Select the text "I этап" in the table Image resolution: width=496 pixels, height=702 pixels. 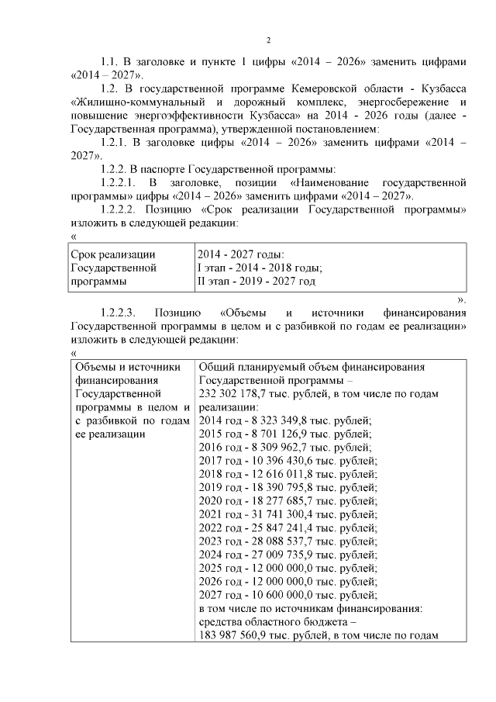click(213, 268)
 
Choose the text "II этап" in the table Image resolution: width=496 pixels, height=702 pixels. click(215, 281)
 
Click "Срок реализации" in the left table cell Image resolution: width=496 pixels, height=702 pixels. click(113, 254)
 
